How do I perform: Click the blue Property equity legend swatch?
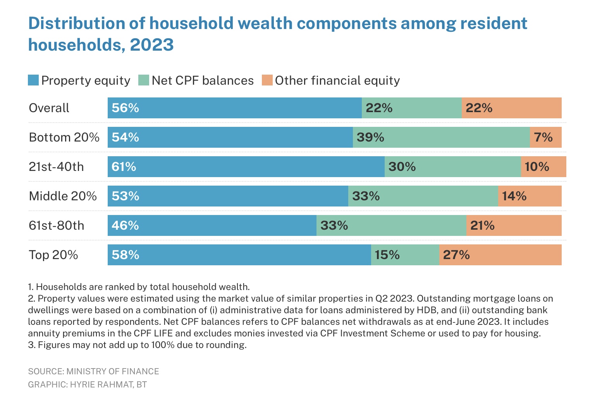(x=33, y=80)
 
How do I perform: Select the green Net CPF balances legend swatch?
(x=144, y=80)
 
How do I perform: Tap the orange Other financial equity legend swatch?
(x=267, y=80)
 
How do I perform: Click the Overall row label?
(x=49, y=108)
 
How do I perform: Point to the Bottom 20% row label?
(x=64, y=137)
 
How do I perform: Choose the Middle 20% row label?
(x=63, y=196)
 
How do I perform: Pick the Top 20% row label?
(x=53, y=255)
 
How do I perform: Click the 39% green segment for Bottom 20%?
(x=441, y=137)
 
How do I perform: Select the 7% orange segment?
(x=545, y=137)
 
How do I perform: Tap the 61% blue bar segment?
(x=246, y=167)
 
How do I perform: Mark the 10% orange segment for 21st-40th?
(x=543, y=167)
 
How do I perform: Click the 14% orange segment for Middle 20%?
(x=530, y=196)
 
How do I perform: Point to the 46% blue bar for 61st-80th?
(x=212, y=225)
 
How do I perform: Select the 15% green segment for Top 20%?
(x=405, y=255)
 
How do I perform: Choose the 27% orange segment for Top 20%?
(x=500, y=255)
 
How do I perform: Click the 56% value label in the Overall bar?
(x=125, y=108)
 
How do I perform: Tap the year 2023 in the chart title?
(x=152, y=45)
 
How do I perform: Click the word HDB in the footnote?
(x=430, y=310)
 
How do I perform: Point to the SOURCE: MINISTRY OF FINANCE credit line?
(x=93, y=371)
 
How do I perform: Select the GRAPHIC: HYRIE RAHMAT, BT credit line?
(x=88, y=385)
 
